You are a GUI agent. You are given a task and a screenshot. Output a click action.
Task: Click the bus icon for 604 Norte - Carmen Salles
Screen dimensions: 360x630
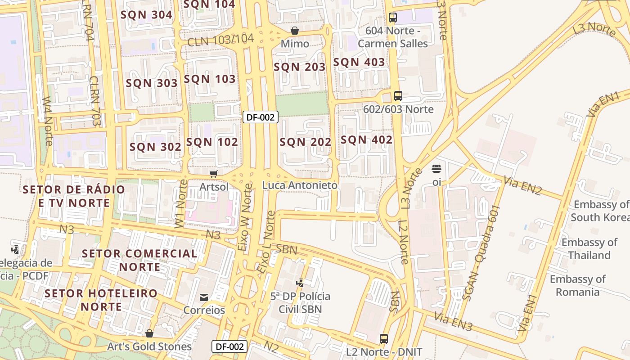392,18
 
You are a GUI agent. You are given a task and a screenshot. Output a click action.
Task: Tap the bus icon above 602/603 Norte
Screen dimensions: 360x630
398,95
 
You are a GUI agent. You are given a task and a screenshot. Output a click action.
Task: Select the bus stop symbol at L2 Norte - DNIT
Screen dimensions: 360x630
383,338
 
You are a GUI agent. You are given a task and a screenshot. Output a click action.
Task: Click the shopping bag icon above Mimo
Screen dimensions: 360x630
294,31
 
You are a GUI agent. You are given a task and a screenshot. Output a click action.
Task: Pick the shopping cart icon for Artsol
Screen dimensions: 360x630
214,174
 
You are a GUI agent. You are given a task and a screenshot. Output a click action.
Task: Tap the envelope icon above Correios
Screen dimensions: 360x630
204,297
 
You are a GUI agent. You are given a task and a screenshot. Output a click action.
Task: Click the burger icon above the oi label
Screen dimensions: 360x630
436,169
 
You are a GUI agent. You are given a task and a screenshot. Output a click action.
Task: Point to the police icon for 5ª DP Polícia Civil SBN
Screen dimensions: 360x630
300,283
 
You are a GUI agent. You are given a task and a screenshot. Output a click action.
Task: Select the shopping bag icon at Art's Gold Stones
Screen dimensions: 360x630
149,333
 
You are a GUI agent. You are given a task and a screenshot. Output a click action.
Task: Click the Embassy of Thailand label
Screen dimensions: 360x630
589,249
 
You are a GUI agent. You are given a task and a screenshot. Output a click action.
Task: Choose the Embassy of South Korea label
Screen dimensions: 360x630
601,211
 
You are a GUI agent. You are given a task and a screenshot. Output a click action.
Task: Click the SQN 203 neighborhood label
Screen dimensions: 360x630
299,67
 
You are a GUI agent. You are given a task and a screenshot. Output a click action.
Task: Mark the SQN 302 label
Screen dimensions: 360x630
155,147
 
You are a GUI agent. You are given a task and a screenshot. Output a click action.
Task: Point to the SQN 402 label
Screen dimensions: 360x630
366,140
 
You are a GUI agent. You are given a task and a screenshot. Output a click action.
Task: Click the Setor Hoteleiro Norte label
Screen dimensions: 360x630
101,300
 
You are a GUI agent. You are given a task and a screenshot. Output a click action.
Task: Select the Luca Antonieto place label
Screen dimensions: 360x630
300,185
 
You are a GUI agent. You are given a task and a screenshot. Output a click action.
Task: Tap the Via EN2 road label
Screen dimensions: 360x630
522,186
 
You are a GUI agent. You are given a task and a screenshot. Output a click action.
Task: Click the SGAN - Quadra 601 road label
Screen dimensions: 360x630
481,253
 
